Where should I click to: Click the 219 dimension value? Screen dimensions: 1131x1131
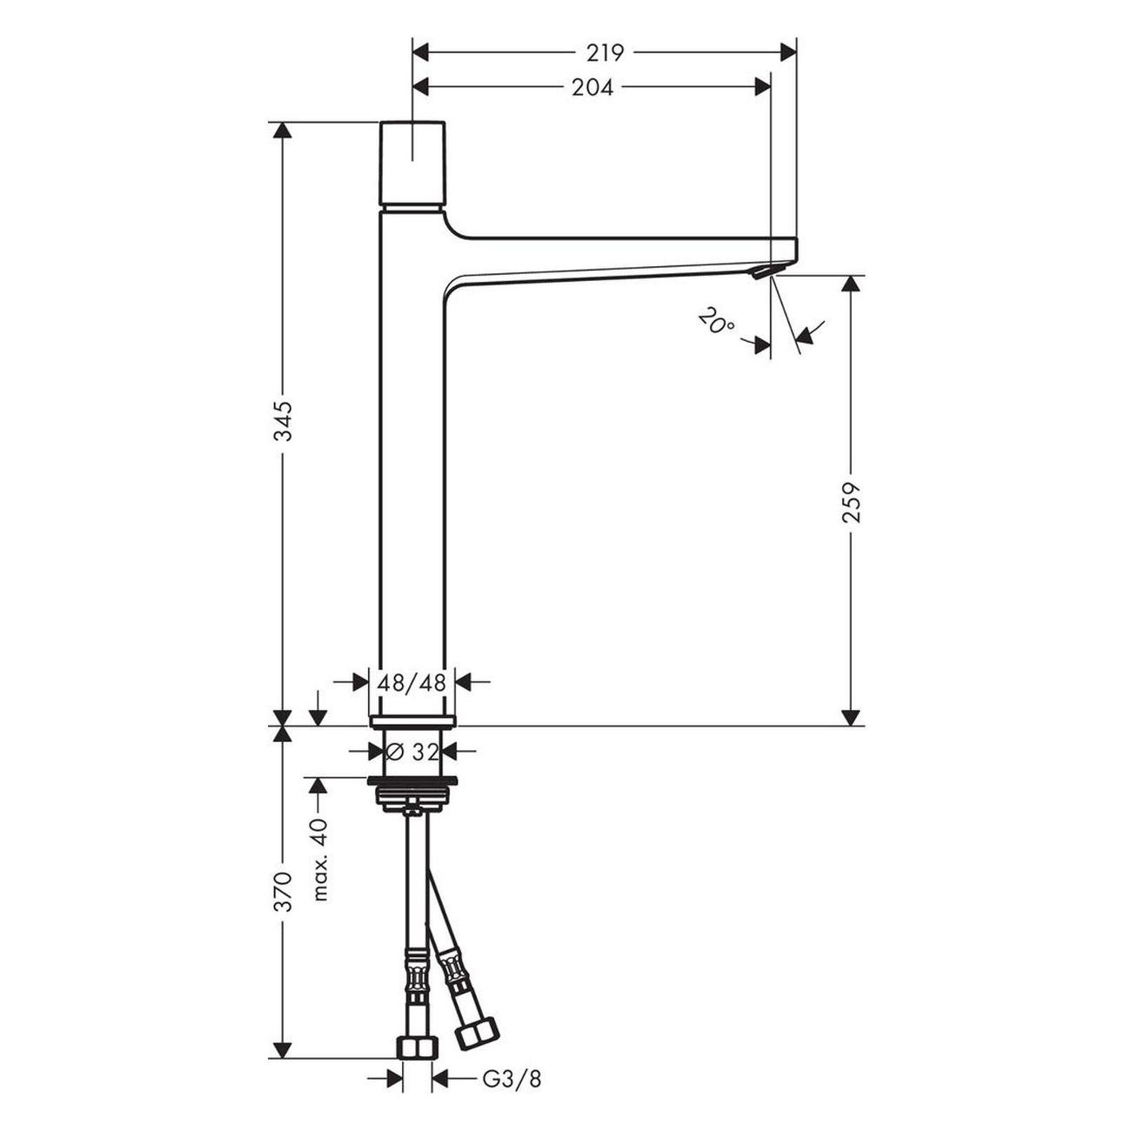point(606,53)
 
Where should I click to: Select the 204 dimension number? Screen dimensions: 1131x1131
point(592,88)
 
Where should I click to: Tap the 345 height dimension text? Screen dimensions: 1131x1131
point(284,421)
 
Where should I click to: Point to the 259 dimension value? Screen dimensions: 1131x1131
point(851,502)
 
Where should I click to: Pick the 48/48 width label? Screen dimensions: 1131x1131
point(412,683)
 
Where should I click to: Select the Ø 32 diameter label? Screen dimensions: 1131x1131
point(412,751)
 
